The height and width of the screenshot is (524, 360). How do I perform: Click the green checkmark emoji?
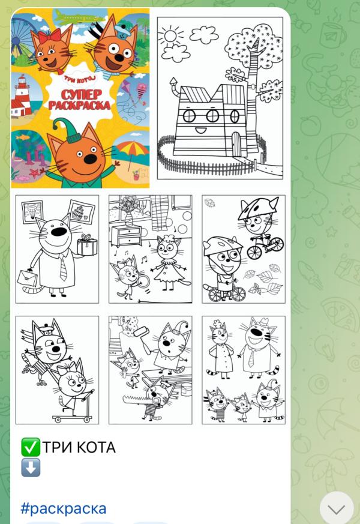coord(31,447)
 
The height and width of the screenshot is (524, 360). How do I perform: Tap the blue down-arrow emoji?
coord(31,467)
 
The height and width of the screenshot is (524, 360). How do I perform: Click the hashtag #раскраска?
coord(64,508)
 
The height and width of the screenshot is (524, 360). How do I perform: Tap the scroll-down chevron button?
coord(336,508)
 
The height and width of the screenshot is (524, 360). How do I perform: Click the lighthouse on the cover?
coord(22,96)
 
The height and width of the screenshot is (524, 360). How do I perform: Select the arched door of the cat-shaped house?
coord(236,144)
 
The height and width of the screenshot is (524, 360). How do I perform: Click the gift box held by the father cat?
coord(87,245)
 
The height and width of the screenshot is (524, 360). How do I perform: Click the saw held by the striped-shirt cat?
coord(137,399)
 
